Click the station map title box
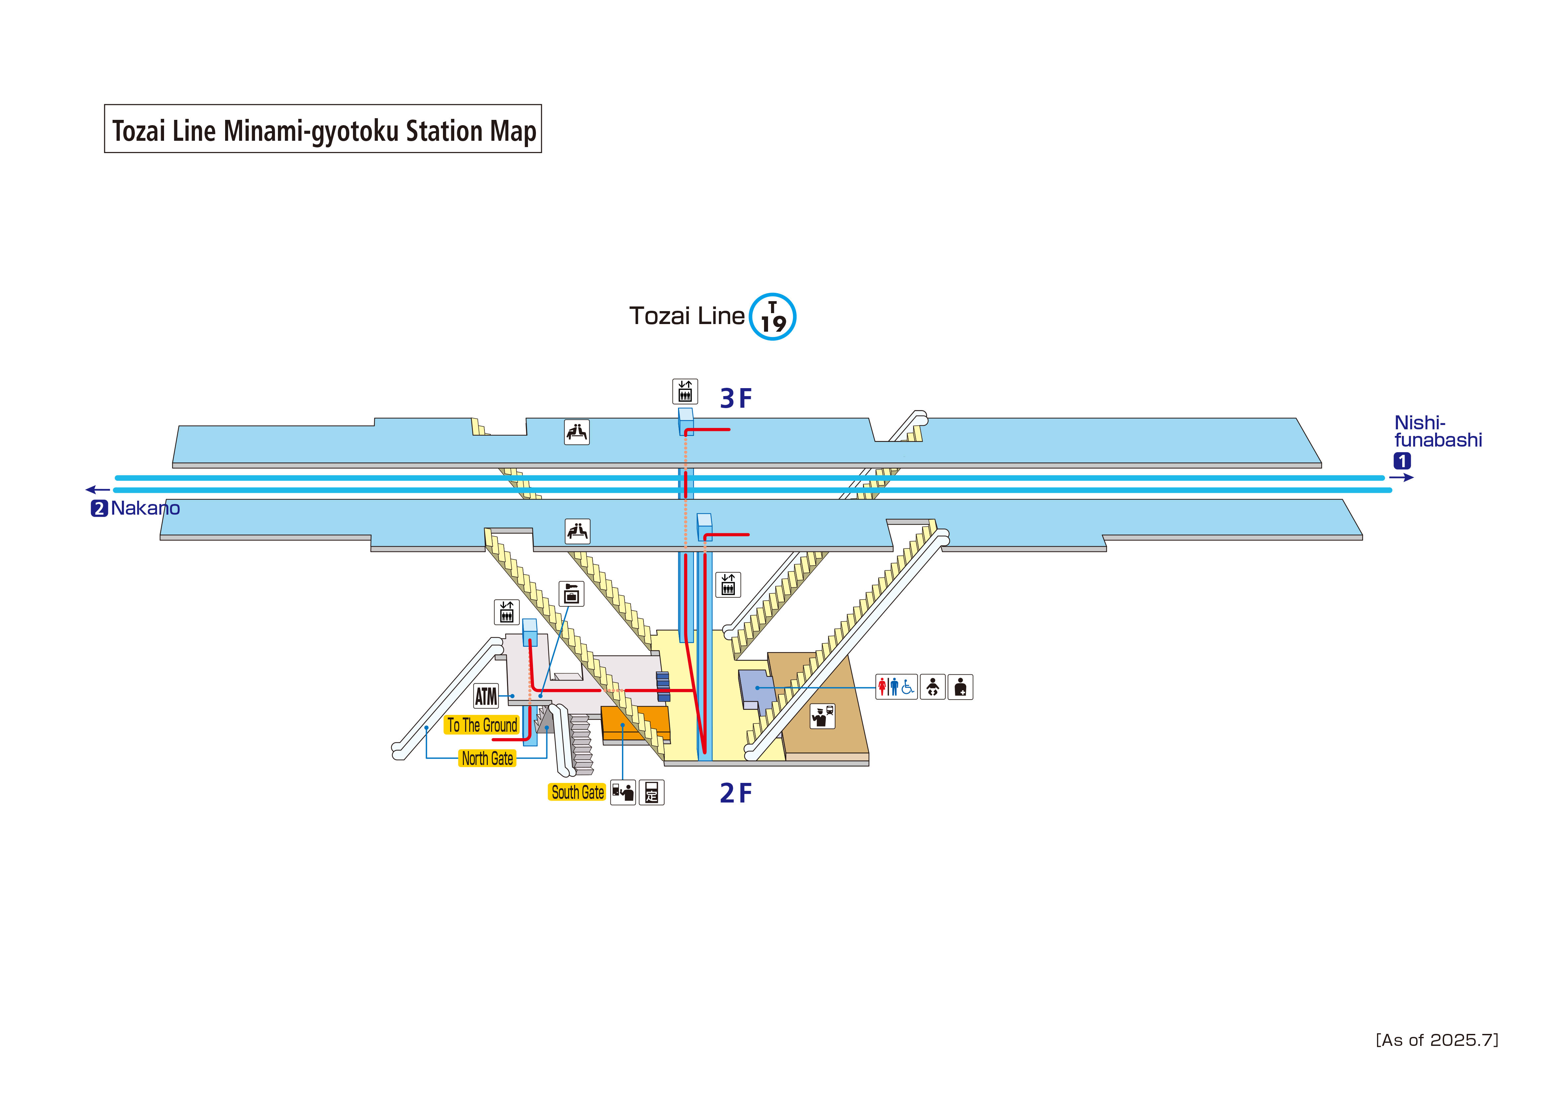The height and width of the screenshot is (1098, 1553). point(323,128)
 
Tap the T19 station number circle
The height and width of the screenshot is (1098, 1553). point(772,317)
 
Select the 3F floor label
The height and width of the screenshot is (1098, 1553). point(735,398)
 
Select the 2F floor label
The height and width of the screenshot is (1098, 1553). point(735,793)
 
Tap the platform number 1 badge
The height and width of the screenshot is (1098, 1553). point(1402,461)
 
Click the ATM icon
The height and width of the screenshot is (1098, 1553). point(486,696)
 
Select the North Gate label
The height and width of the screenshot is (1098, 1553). point(487,758)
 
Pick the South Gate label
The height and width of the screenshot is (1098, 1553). point(577,792)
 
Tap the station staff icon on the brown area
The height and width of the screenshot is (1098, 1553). point(822,716)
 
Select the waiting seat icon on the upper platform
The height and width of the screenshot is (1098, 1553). point(576,432)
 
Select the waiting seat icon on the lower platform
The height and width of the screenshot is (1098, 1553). point(577,531)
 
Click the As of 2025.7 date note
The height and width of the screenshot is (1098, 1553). point(1437,1040)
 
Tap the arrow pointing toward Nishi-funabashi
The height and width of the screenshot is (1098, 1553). point(1402,478)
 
